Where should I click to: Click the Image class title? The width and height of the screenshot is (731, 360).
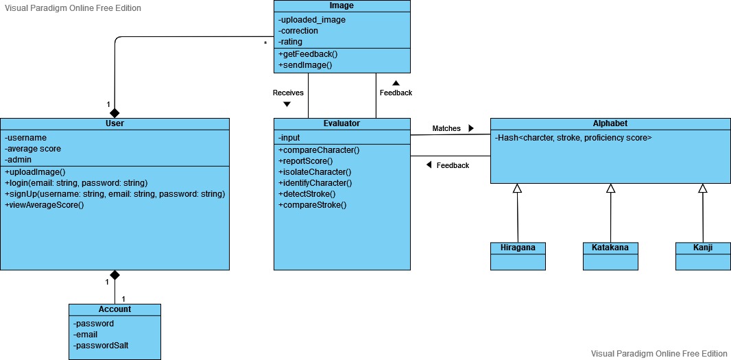(341, 6)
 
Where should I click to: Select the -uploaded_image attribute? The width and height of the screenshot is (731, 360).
(312, 20)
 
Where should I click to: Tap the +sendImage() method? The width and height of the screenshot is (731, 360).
(305, 65)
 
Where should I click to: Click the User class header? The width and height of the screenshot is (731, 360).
(115, 123)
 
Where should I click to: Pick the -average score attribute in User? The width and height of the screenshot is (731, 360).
(33, 149)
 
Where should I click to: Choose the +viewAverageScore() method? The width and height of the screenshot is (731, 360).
(45, 205)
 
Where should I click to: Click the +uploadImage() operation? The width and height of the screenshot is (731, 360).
(35, 171)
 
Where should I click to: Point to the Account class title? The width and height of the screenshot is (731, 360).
(115, 309)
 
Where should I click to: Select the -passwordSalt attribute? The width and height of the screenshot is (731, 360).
(101, 346)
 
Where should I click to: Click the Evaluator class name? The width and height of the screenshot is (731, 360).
(341, 123)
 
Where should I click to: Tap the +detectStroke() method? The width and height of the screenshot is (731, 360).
(307, 194)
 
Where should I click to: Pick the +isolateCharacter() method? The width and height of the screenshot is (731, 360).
(314, 172)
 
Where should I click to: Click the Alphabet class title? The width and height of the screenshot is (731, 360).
(610, 123)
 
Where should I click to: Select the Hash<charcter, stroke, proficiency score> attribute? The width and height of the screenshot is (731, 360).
(573, 138)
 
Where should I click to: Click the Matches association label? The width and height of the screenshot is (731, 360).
(446, 128)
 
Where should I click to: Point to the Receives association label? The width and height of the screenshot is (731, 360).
(288, 93)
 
